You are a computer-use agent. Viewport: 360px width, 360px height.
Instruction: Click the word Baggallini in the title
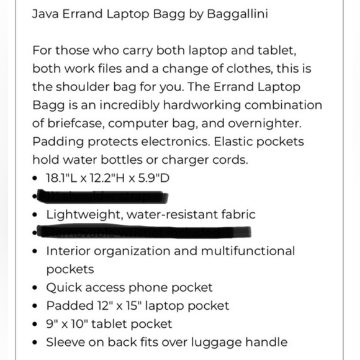click(237, 13)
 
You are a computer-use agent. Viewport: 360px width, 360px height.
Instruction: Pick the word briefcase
click(75, 123)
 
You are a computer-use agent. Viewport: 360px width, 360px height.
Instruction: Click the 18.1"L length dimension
click(62, 178)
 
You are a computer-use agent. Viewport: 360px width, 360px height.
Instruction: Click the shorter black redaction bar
click(103, 197)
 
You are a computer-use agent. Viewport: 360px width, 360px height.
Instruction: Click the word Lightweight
click(83, 215)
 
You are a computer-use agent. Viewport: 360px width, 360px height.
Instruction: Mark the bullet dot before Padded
click(35, 306)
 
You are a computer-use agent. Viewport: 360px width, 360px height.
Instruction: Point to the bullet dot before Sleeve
click(35, 343)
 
